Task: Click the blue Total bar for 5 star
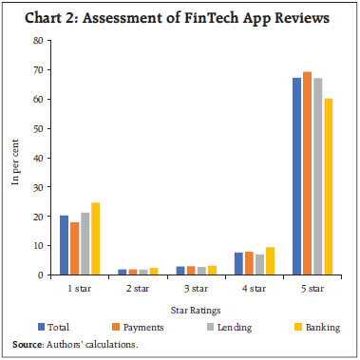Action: [x=296, y=176]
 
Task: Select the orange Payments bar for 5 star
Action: [x=307, y=173]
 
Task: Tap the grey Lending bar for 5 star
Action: [x=318, y=176]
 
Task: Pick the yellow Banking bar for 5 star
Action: [x=329, y=186]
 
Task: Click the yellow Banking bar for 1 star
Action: [x=96, y=238]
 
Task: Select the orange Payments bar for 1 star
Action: [x=74, y=248]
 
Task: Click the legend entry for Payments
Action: [x=142, y=325]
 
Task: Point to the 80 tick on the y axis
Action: [x=37, y=41]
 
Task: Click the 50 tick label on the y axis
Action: [x=37, y=128]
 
